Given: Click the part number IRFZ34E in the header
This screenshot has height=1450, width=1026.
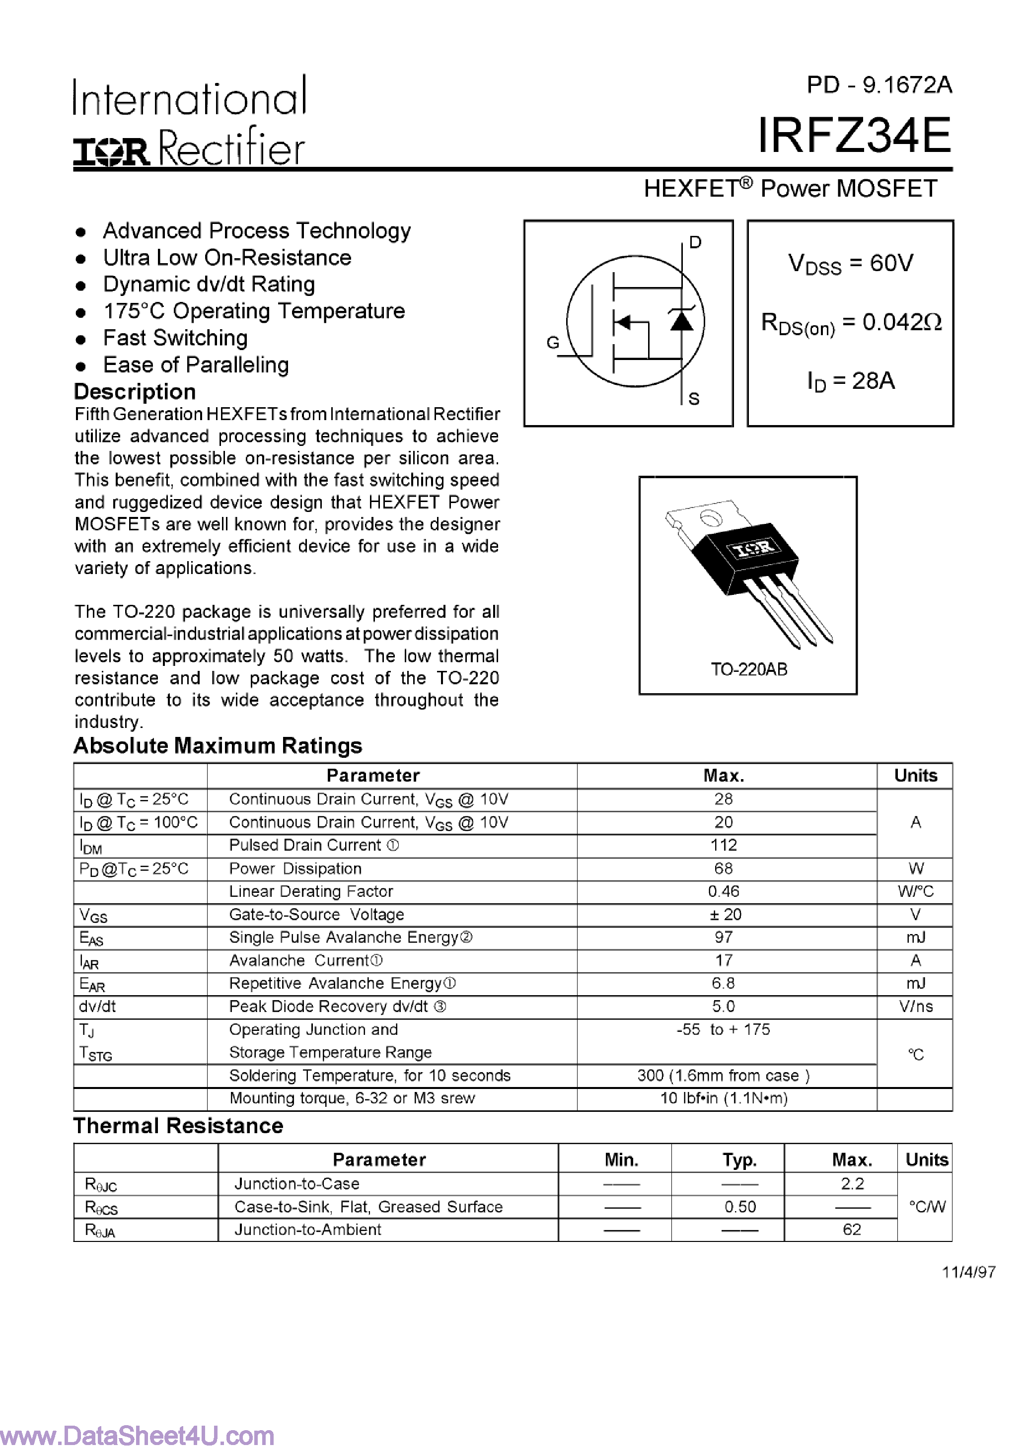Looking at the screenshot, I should click(854, 136).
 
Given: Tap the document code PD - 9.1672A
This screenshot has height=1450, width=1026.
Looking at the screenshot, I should click(879, 84).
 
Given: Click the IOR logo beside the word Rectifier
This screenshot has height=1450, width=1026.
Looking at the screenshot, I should click(112, 151).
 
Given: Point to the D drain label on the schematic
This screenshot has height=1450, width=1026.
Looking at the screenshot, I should click(695, 242).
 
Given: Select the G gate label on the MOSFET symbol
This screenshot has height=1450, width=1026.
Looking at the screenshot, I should click(553, 343).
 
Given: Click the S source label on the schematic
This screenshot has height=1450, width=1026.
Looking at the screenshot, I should click(694, 399).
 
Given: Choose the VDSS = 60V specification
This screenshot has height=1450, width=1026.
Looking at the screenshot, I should click(850, 263).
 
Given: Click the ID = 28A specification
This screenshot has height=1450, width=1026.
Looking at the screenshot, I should click(850, 381).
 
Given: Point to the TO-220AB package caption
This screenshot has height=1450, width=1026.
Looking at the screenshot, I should click(749, 669).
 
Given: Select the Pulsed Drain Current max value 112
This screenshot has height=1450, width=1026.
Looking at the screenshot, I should click(724, 845).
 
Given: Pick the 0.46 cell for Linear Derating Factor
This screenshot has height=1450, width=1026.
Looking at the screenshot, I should click(724, 891).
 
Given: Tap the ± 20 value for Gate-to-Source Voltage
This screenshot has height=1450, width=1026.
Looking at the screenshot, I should click(724, 915).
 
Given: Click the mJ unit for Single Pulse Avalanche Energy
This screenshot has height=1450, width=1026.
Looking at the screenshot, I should click(915, 937).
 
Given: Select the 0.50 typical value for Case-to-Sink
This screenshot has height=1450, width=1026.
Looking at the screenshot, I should click(740, 1207).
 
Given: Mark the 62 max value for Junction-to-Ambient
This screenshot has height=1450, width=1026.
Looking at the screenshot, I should click(852, 1230).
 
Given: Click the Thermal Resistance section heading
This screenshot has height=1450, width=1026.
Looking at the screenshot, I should click(178, 1126).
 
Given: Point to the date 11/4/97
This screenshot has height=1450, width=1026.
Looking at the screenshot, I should click(968, 1272).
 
